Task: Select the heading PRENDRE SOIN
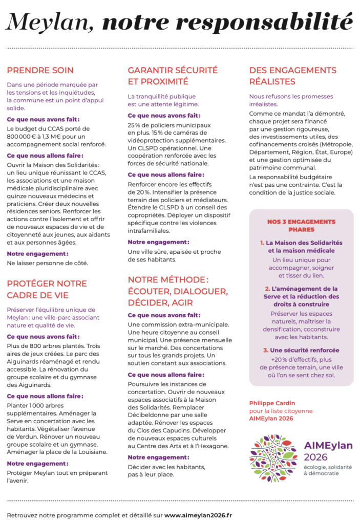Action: click(40, 70)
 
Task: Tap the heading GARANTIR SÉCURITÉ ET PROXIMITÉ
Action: click(173, 76)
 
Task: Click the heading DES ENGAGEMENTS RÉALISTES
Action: click(292, 76)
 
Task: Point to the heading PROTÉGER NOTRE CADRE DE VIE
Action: click(47, 289)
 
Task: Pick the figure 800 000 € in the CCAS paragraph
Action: click(23, 136)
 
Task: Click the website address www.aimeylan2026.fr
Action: click(198, 515)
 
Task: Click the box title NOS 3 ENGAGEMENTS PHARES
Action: click(301, 225)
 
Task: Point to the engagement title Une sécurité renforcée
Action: click(304, 350)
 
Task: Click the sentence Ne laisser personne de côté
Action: click(47, 263)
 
